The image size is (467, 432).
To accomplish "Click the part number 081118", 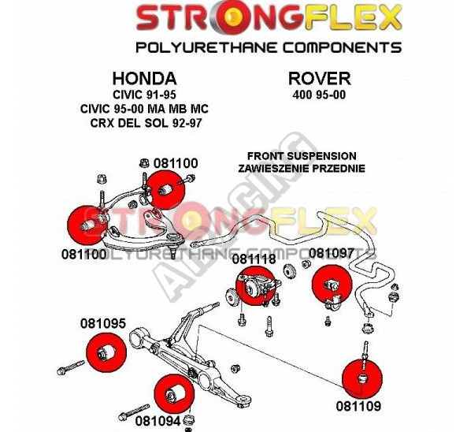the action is point(254,259).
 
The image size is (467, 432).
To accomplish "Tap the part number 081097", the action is point(331,253).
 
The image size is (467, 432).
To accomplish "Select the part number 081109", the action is point(358,406).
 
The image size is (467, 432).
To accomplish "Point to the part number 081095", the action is point(102,323).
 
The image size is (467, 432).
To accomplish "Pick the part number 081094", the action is point(158,421).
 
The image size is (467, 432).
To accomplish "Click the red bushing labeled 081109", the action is point(362,379).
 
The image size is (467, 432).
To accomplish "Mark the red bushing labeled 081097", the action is point(332,284).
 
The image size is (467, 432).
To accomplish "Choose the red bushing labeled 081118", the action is point(254,286).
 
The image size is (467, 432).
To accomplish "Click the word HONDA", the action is point(144,79).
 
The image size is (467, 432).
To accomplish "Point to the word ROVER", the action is point(319,79).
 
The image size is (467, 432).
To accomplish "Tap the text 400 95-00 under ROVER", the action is point(319,95).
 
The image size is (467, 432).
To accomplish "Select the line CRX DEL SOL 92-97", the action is point(146,123).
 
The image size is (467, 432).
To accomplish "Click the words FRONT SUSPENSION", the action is point(302,156).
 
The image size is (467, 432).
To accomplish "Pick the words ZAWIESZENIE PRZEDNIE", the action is point(302,169).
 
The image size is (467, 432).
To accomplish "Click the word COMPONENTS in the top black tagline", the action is point(342,48).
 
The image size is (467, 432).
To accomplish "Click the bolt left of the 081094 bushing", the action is point(134,412).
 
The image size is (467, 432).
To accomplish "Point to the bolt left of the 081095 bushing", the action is point(71,367).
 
